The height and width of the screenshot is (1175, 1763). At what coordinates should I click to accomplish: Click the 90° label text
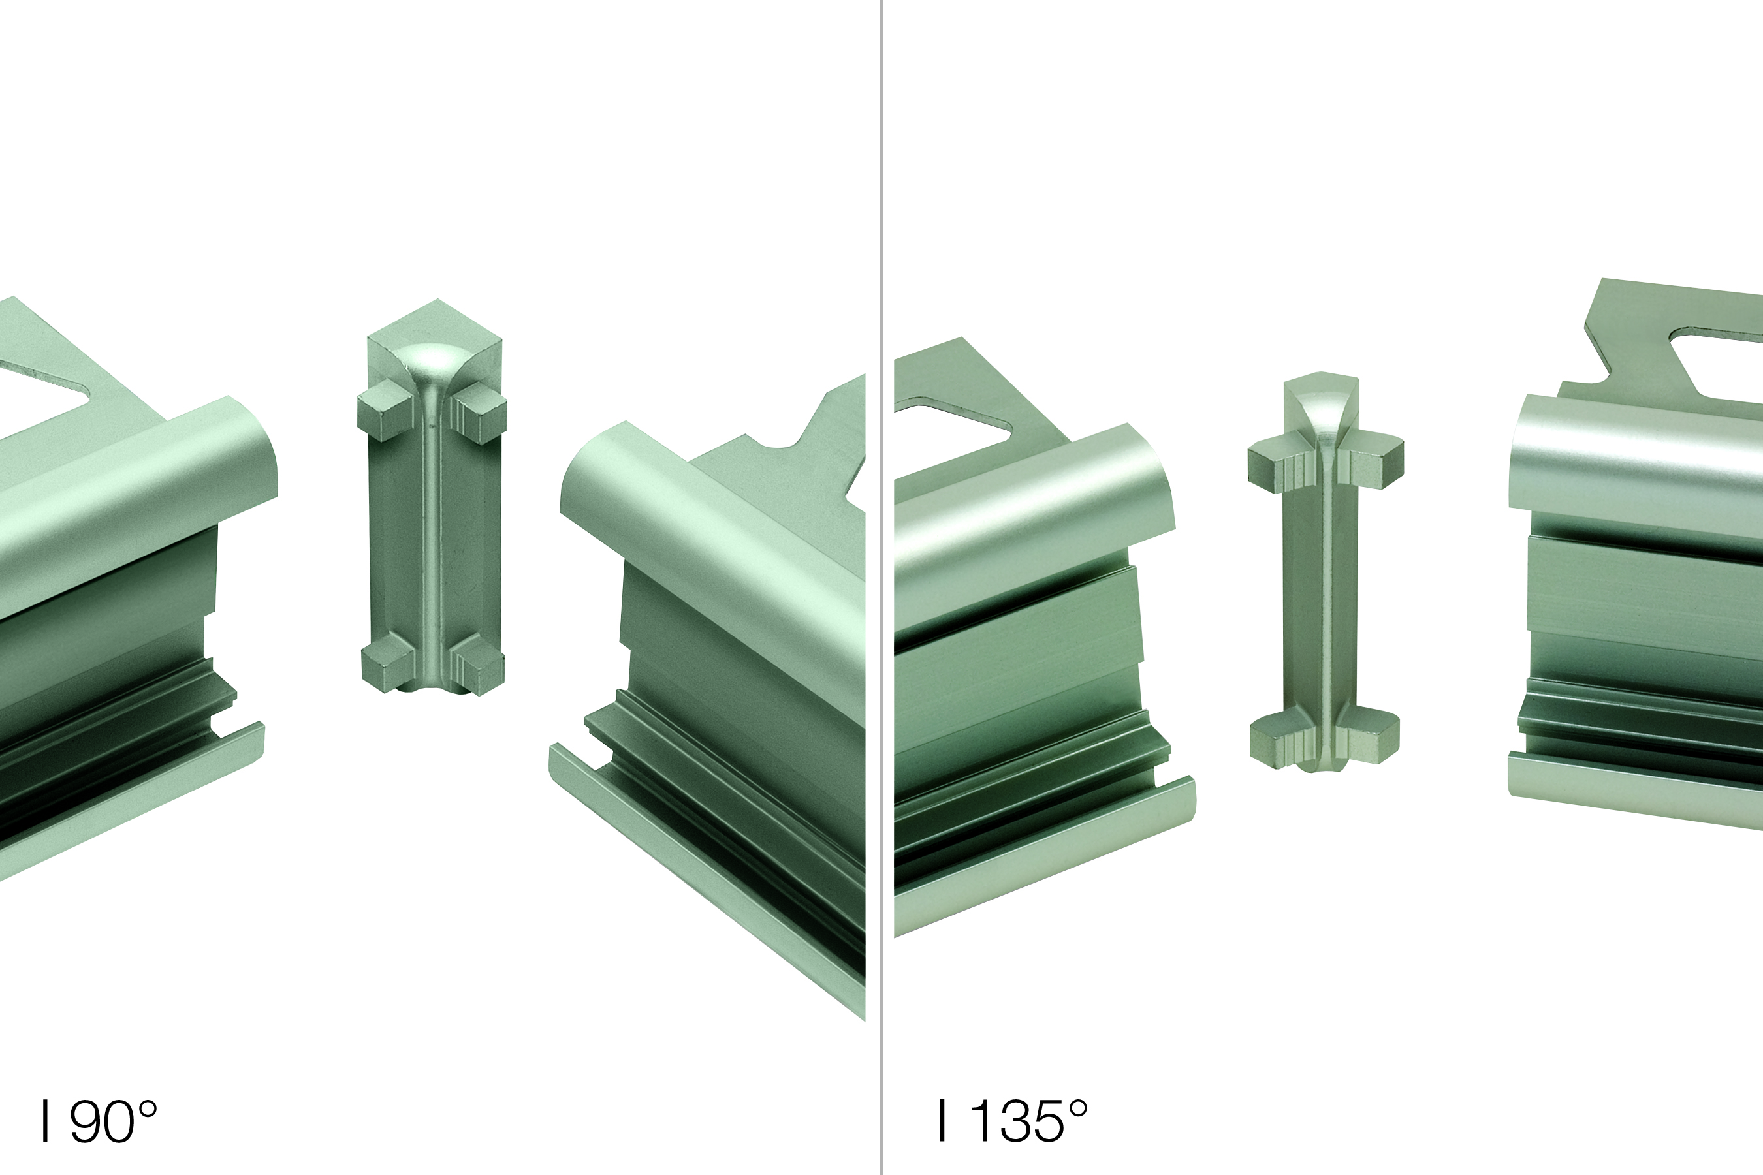click(x=99, y=1121)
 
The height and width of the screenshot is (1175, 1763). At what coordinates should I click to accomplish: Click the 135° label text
click(x=1013, y=1121)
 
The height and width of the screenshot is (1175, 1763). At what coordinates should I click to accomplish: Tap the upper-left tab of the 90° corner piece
click(x=385, y=409)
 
